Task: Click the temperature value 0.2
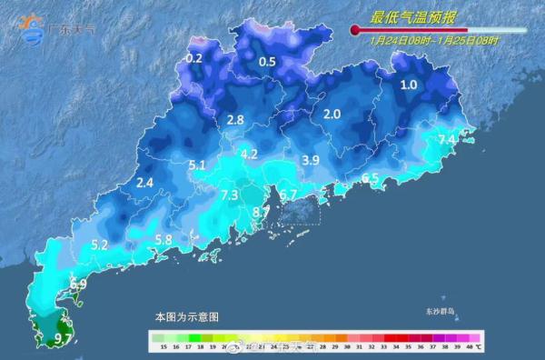(193, 58)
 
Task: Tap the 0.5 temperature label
(267, 62)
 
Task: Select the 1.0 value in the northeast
(409, 85)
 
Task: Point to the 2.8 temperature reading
(235, 120)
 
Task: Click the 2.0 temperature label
(332, 115)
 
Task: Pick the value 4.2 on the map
(249, 154)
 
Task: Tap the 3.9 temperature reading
(311, 160)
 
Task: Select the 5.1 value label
(197, 165)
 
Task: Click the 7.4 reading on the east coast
(447, 139)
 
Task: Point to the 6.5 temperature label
(370, 178)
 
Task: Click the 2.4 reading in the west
(144, 183)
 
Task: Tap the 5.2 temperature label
(100, 245)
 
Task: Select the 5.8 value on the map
(163, 240)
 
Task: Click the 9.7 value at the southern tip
(64, 339)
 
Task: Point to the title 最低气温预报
(407, 17)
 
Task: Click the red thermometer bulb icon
(355, 31)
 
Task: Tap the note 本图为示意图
(186, 317)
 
